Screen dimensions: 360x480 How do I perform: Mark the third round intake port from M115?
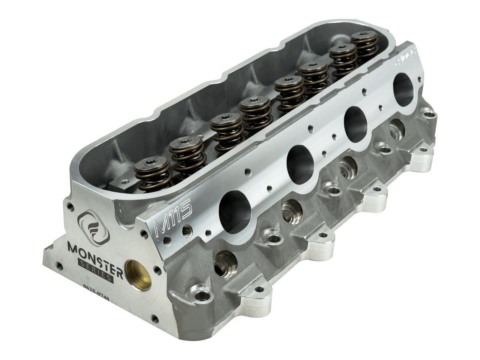(x=356, y=124)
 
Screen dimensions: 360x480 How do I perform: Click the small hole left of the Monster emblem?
(x=70, y=207)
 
